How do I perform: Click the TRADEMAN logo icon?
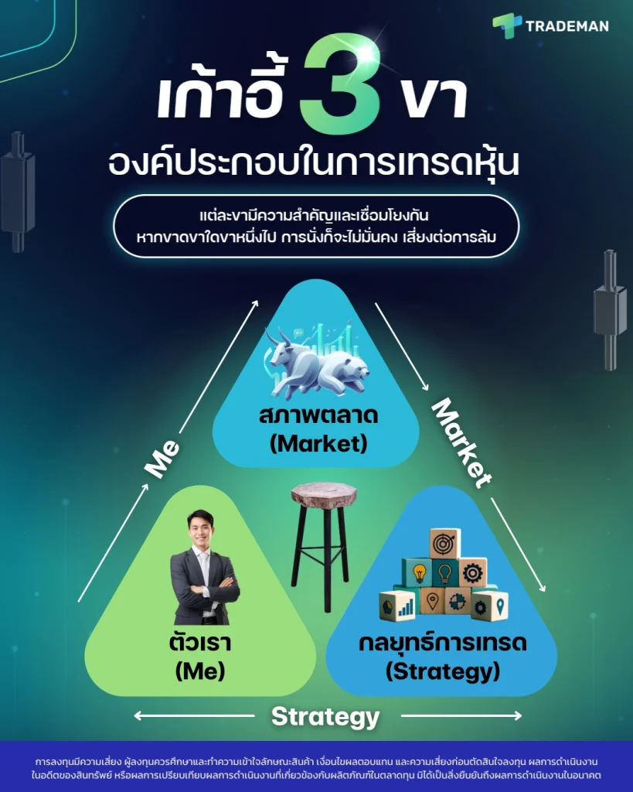pos(507,26)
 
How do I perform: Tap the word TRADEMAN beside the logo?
pos(567,26)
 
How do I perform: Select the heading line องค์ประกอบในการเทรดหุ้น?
pos(315,163)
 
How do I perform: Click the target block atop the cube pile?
pos(445,543)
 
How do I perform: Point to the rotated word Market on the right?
pos(461,442)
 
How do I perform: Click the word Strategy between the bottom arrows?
pos(325,716)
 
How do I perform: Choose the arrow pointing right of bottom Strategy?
pos(461,716)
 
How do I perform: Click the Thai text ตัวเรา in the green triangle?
pos(199,643)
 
